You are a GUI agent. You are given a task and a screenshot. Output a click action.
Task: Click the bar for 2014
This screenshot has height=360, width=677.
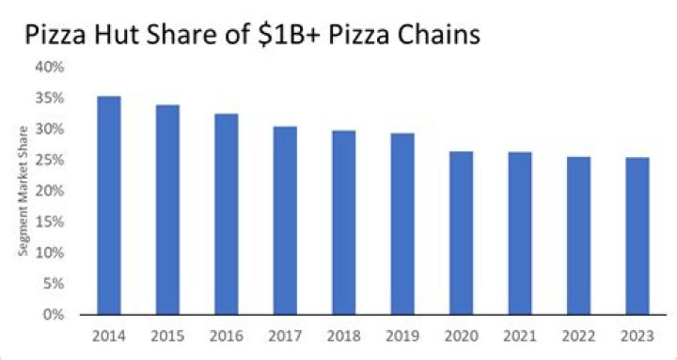pos(109,206)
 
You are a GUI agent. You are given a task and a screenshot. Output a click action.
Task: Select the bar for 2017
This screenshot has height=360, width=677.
pos(287,221)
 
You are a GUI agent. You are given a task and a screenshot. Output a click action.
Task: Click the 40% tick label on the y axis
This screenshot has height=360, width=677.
pos(50,68)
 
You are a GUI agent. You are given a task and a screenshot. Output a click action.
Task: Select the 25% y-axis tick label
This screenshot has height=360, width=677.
pos(50,161)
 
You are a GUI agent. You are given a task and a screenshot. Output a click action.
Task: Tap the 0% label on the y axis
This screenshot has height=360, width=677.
pos(54,315)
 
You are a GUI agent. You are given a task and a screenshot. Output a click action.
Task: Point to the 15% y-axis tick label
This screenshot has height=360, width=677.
pos(50,222)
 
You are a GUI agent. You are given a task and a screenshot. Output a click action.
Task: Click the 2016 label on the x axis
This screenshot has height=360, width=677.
pos(228,334)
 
